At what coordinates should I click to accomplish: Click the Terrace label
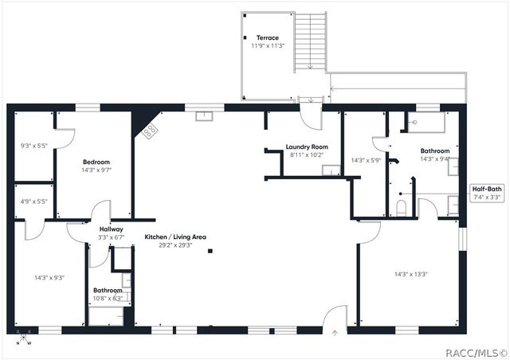coord(268,37)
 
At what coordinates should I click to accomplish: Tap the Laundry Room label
coord(307,147)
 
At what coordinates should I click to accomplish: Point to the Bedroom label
coord(96,162)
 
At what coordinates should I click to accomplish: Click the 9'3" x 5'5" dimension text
coord(33,147)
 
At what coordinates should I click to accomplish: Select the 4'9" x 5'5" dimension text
coord(33,202)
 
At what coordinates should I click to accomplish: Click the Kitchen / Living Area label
coord(175,237)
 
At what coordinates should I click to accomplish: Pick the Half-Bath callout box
coord(486,193)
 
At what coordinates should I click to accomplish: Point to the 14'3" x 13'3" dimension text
coord(411,274)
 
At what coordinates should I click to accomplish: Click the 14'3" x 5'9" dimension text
coord(367,160)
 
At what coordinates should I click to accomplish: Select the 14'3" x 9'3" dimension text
coord(49,277)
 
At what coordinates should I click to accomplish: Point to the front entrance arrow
coord(335,332)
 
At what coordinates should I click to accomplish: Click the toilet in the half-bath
coord(401,209)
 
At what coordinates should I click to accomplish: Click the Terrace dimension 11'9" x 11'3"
coord(268,46)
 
